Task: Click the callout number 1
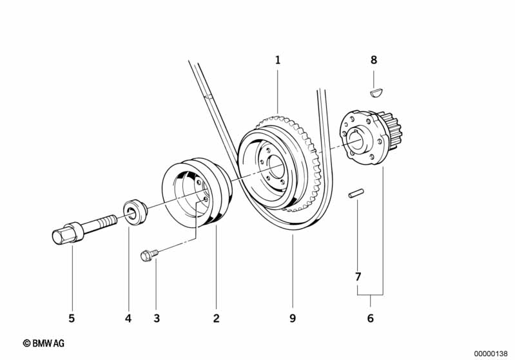pos(278,61)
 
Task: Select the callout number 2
pos(217,317)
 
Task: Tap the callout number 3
pos(155,317)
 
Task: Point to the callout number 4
pos(128,317)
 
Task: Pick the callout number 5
pos(72,317)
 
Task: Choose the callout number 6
pos(370,317)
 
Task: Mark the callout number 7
pos(358,278)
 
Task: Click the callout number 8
pos(373,61)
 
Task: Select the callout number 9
pos(292,317)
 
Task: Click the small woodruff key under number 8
pos(376,92)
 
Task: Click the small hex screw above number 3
pos(146,256)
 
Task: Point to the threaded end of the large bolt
pos(106,222)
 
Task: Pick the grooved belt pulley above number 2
pos(195,193)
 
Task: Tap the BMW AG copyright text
pos(44,345)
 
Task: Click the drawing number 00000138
pos(491,354)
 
